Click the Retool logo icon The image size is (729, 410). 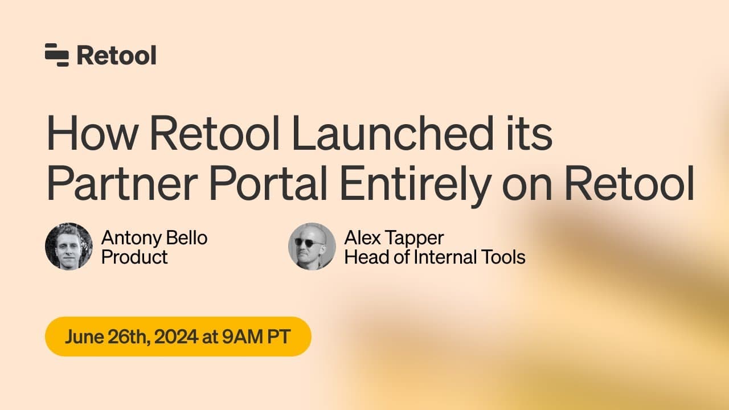[56, 55]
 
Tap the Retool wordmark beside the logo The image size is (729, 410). [117, 55]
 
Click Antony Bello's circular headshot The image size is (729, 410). [68, 246]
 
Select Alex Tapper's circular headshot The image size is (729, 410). [312, 246]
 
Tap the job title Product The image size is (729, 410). [134, 257]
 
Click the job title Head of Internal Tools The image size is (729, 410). [435, 257]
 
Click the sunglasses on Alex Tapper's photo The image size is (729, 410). [311, 242]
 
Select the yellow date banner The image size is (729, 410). [178, 337]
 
